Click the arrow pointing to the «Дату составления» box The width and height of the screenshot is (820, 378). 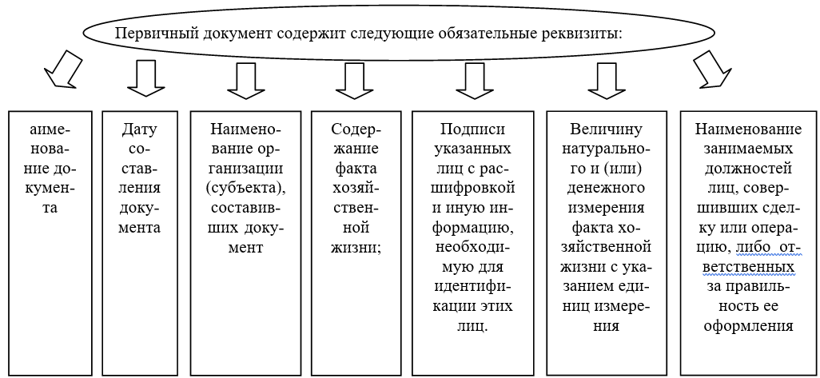[146, 78]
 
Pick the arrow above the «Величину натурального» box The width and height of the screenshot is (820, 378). [607, 81]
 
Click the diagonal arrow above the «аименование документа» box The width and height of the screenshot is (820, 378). [63, 69]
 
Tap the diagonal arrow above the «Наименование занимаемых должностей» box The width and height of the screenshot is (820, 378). [712, 68]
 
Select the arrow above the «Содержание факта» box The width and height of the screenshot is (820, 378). [355, 81]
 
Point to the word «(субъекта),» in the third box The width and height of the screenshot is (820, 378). [245, 189]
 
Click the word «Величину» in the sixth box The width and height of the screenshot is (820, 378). [606, 129]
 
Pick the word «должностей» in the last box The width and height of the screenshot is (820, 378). [748, 169]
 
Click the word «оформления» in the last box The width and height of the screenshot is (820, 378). [748, 326]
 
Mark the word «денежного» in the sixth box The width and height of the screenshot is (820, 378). [606, 189]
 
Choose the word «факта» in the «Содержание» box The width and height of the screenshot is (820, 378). [355, 169]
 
